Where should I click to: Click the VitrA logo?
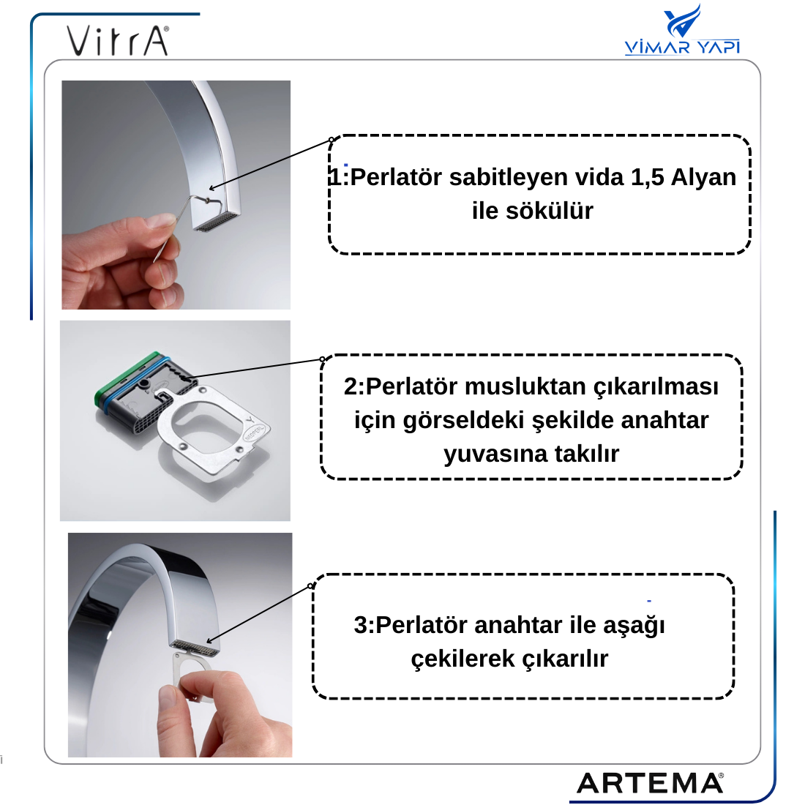pos(117,40)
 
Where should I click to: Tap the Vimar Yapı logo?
pos(682,29)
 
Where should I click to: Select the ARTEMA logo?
pos(650,783)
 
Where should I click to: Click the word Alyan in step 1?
pos(703,177)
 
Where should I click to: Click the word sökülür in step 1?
pos(550,211)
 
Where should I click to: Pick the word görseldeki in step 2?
pos(463,421)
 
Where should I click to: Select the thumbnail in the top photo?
pos(161,221)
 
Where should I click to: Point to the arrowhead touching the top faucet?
pos(212,188)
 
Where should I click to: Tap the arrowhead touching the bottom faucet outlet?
pos(209,641)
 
